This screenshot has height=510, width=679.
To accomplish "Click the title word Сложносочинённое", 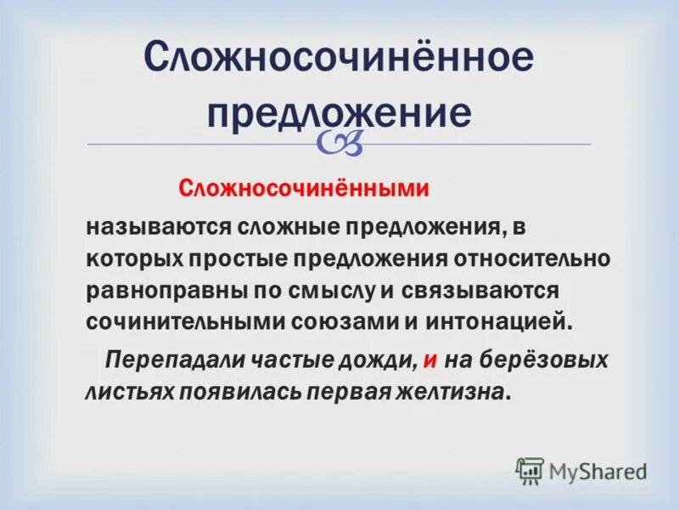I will point(339,60).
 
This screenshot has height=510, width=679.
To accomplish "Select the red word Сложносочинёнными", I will point(302,190).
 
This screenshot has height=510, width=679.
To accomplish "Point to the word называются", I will point(157,227).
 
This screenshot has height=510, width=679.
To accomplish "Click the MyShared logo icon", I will point(530,470).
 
